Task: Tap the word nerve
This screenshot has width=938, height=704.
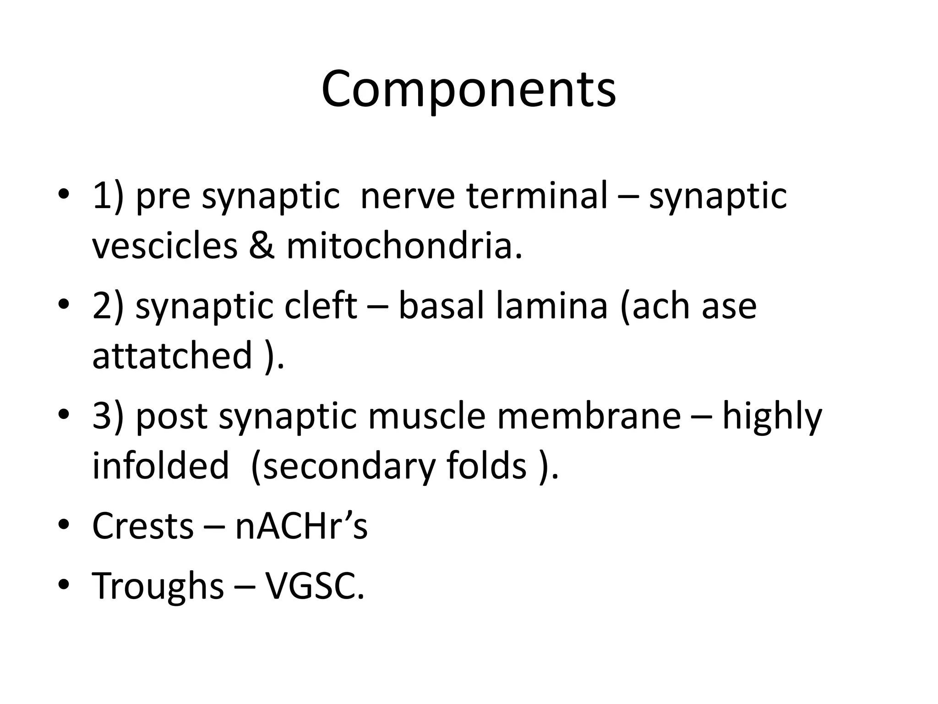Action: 407,196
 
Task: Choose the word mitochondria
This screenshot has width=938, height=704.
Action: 403,246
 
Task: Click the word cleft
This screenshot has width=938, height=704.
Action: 320,306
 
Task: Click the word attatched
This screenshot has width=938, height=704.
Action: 172,356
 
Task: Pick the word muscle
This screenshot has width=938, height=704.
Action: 426,416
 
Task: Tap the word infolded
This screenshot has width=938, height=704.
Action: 160,466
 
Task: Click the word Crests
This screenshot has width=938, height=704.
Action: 142,526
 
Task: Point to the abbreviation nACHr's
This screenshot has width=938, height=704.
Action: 301,526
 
